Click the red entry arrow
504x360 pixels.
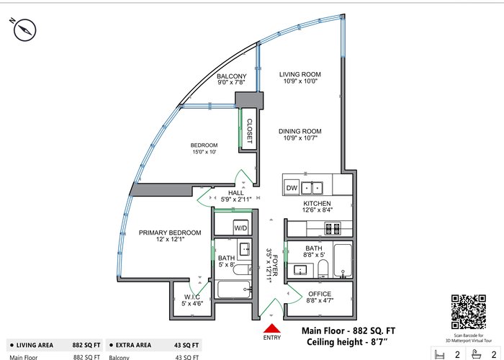(272, 328)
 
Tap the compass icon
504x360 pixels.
(24, 30)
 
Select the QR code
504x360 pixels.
(468, 312)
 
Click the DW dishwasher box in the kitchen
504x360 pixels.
(292, 188)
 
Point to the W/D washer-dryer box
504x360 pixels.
(240, 228)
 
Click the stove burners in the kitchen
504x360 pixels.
(333, 228)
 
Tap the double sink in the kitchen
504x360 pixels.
(312, 188)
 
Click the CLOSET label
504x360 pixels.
(249, 131)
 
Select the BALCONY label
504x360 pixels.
(231, 76)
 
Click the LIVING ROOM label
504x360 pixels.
(300, 74)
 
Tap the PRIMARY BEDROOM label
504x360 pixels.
(170, 233)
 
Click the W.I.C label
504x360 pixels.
(192, 297)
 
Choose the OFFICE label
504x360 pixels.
(320, 294)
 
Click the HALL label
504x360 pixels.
(236, 192)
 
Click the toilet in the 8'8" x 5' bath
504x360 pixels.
(323, 269)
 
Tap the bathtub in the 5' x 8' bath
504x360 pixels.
(234, 289)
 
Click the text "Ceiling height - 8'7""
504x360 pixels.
(346, 342)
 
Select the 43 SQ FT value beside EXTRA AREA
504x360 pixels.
(186, 345)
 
